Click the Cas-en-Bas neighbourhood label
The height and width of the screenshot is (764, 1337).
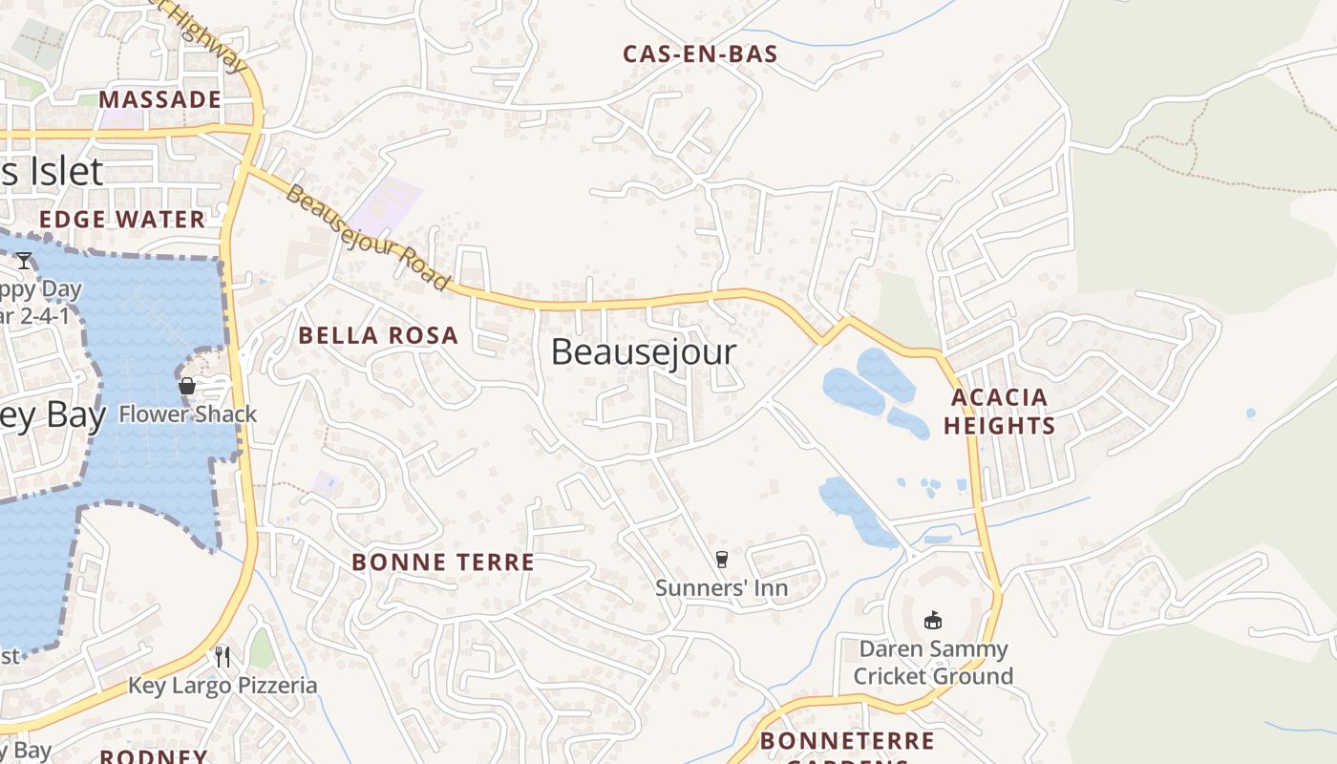pos(700,54)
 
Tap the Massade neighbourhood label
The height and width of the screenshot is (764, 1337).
pos(159,99)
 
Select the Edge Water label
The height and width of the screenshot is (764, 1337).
pos(122,220)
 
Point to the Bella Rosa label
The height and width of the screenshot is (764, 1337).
pos(378,335)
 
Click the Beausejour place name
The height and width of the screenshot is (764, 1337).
pos(644,351)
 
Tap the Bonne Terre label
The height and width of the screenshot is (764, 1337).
pos(443,562)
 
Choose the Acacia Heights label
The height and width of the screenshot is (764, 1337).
pos(999,412)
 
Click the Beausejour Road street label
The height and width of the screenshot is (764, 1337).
pos(367,238)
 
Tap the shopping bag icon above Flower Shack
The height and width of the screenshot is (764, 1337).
pos(187,386)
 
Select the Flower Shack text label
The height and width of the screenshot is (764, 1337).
pos(188,414)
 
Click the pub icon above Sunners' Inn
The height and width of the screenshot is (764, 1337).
pos(722,560)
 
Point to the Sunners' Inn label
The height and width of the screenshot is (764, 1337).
pos(722,587)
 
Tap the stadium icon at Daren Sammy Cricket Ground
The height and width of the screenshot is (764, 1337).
pos(933,621)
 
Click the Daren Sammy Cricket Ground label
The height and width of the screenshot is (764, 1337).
pos(933,663)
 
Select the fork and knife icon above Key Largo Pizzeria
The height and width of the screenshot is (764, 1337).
pos(223,657)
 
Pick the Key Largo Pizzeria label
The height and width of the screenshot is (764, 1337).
pos(223,686)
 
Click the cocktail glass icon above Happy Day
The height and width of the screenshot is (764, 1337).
pos(24,260)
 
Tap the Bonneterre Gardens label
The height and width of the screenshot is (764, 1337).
pos(847,743)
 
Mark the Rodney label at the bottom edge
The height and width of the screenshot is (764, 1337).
pos(153,756)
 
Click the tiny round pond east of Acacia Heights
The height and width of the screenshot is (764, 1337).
pos(1251,414)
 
